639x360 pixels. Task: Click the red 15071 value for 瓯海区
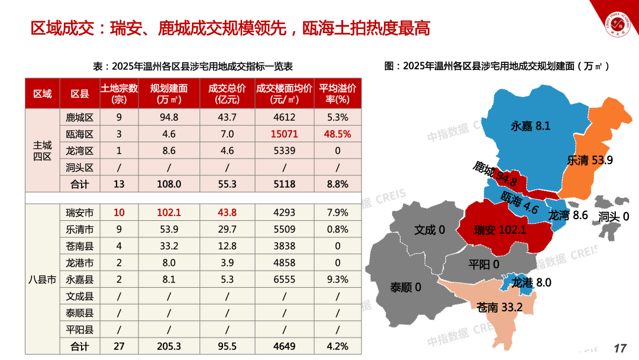tap(284, 134)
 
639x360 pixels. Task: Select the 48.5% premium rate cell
tap(337, 134)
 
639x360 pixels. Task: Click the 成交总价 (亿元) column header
tap(227, 94)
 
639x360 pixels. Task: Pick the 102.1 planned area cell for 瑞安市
tap(169, 213)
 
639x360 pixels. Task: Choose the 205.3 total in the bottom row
tap(169, 346)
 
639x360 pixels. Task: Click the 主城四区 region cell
tap(42, 150)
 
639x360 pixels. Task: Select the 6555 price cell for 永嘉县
tap(284, 279)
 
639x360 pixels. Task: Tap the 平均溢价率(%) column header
tap(337, 94)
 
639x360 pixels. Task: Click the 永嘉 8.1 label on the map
tap(530, 126)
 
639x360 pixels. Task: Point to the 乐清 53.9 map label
tap(589, 160)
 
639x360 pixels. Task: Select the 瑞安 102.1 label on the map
tap(500, 230)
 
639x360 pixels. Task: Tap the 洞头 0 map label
tap(614, 217)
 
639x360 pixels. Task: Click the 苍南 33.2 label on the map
tap(499, 307)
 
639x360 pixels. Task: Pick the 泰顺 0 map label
tap(405, 287)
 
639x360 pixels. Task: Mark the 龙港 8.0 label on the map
tap(531, 283)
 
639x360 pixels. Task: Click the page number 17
tap(619, 348)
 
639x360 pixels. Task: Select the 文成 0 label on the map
tap(429, 230)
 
